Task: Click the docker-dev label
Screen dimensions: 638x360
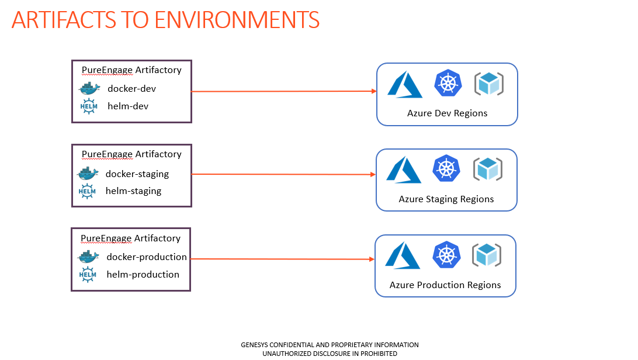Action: click(x=131, y=89)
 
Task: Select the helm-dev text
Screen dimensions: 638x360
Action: click(x=128, y=106)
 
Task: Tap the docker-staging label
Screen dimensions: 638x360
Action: click(x=137, y=174)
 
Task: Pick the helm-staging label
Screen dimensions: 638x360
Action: click(x=133, y=191)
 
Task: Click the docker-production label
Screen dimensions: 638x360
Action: click(x=147, y=257)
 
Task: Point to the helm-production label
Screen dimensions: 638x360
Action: click(x=143, y=275)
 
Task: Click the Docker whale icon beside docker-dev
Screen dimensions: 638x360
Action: click(x=89, y=88)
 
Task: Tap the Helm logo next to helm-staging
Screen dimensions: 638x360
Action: click(x=87, y=191)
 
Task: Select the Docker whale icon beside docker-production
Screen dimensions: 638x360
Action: click(x=88, y=257)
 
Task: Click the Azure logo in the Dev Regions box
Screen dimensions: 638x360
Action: click(x=405, y=85)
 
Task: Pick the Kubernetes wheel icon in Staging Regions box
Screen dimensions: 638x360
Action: click(x=446, y=168)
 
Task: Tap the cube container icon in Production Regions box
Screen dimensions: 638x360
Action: click(x=487, y=255)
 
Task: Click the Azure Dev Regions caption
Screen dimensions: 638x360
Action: click(x=447, y=113)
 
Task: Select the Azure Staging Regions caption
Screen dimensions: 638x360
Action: click(x=446, y=199)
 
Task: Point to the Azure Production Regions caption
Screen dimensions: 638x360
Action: click(x=445, y=285)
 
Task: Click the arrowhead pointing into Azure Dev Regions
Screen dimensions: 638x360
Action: click(x=374, y=91)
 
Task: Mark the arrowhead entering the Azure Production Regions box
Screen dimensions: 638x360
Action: click(x=372, y=259)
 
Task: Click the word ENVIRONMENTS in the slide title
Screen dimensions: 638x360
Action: click(x=237, y=20)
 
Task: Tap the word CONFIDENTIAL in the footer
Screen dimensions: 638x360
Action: click(x=292, y=345)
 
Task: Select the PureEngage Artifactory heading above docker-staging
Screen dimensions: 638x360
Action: click(x=131, y=154)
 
